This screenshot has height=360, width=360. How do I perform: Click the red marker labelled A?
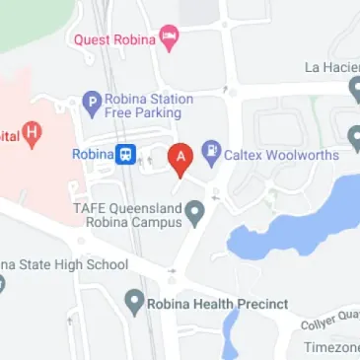(180, 158)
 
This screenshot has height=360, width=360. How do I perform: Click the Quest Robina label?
(114, 39)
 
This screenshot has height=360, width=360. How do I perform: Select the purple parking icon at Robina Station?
(92, 100)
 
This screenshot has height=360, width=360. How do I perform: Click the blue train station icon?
(126, 155)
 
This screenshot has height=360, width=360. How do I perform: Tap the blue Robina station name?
(92, 154)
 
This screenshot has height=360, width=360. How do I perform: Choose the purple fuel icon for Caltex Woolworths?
(211, 153)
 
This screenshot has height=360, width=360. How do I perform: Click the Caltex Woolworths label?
(282, 154)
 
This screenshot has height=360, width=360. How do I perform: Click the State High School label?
(63, 264)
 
